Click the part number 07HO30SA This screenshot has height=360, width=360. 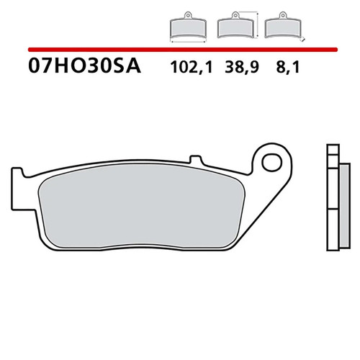pyautogui.click(x=85, y=68)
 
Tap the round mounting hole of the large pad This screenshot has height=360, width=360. pyautogui.click(x=274, y=159)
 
